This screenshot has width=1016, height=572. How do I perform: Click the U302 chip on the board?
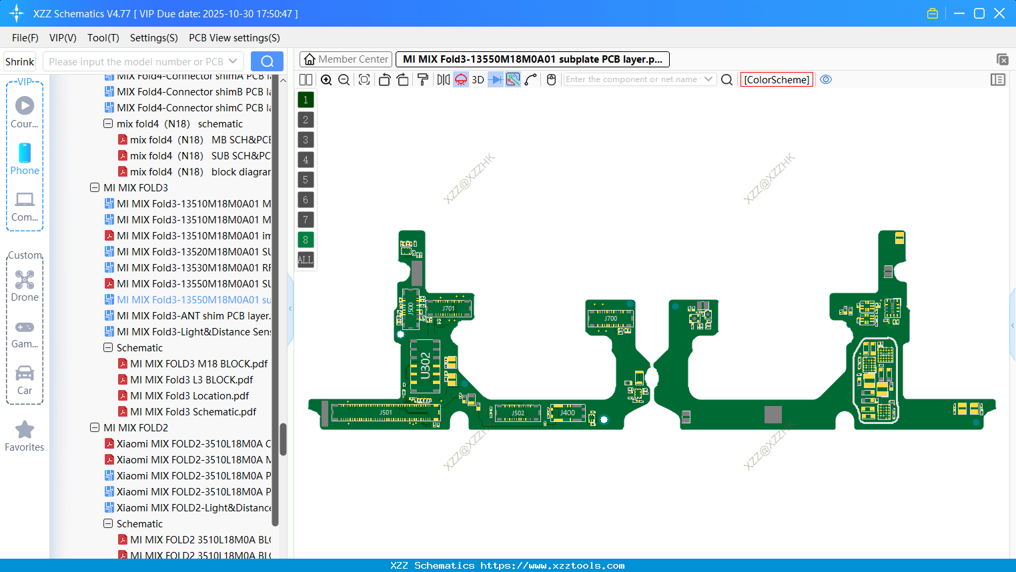(x=425, y=366)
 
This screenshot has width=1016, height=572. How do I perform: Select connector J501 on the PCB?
(x=386, y=413)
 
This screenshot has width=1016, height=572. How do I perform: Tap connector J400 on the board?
(x=567, y=413)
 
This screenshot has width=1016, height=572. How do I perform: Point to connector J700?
(x=610, y=318)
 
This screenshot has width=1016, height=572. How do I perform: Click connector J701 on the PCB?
(x=448, y=308)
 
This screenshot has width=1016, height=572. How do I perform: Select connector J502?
(x=518, y=413)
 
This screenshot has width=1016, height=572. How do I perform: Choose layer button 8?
(x=306, y=240)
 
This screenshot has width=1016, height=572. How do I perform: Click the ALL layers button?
(x=306, y=260)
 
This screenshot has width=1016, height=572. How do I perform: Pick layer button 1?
(x=306, y=100)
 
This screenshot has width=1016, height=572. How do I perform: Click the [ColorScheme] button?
(x=777, y=80)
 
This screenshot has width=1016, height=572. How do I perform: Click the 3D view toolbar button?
(x=478, y=80)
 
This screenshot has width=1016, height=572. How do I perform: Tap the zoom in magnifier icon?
(x=326, y=80)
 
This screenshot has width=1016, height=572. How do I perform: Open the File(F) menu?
(x=25, y=38)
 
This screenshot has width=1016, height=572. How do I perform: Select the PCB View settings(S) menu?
(x=234, y=38)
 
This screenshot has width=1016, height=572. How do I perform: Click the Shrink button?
(x=20, y=62)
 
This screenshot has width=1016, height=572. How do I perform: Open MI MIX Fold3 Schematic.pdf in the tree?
(x=193, y=412)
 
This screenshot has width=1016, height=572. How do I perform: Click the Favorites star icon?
(x=25, y=430)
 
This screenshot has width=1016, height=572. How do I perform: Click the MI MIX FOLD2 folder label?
(x=135, y=428)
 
